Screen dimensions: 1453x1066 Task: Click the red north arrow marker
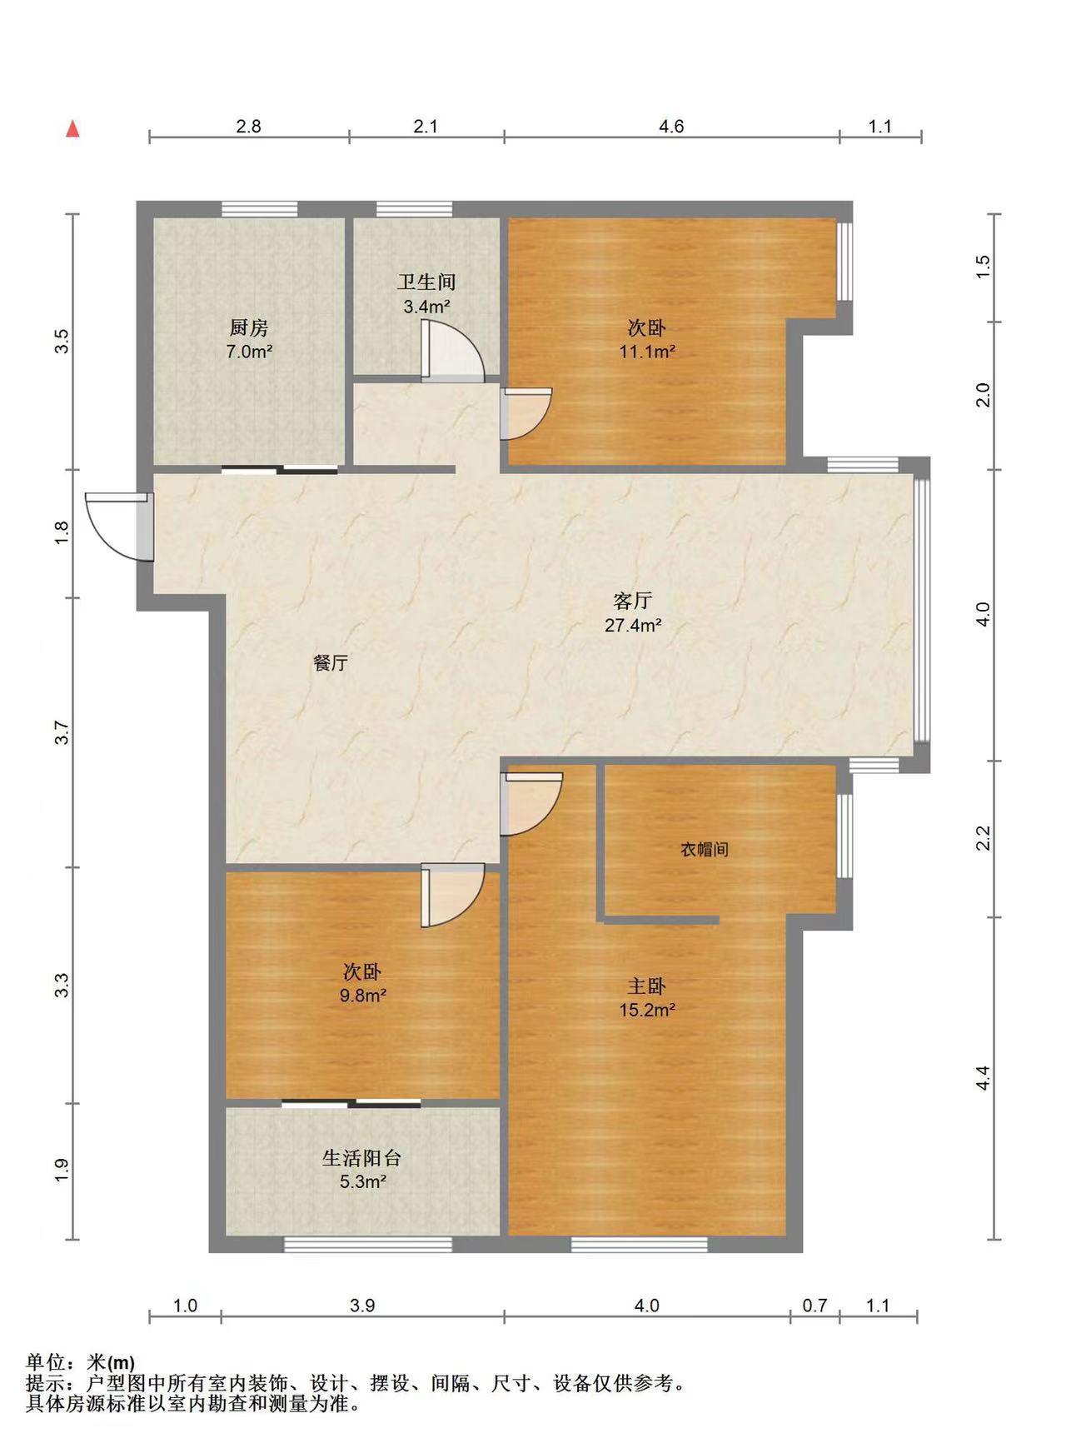coord(73,129)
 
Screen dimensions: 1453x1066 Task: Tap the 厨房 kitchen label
coord(249,327)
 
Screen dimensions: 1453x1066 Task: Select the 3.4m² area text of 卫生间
coord(426,307)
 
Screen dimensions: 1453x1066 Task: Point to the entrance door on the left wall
coord(119,525)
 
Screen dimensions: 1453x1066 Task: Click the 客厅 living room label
coord(632,600)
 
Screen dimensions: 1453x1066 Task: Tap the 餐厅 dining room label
coord(331,663)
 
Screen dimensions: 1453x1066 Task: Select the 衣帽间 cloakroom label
coord(705,849)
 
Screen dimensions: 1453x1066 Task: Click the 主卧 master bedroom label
coord(646,986)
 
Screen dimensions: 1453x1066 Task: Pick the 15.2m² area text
coord(646,1010)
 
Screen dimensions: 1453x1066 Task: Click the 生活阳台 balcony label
coord(362,1157)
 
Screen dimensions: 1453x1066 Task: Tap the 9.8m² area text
coord(362,995)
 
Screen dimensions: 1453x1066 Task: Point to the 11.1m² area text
coord(646,352)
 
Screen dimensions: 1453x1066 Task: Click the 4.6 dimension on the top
coord(671,126)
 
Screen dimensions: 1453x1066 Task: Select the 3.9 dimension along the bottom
coord(362,1306)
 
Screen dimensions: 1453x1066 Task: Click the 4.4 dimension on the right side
coord(984,1077)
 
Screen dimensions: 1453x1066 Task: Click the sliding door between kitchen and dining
coord(280,471)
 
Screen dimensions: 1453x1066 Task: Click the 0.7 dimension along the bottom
coord(814,1306)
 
